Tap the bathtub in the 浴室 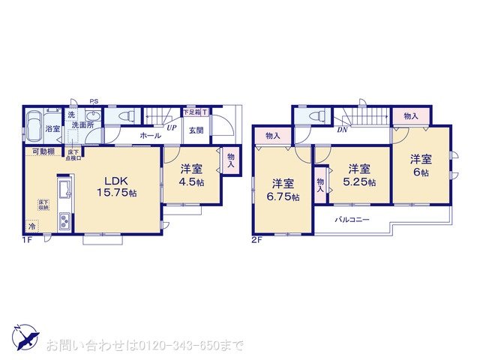tap(33, 124)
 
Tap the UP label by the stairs tap(172, 127)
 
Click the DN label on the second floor tap(341, 130)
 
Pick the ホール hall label tap(150, 136)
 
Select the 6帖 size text tap(420, 172)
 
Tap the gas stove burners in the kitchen tap(63, 221)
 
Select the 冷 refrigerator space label tap(32, 225)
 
